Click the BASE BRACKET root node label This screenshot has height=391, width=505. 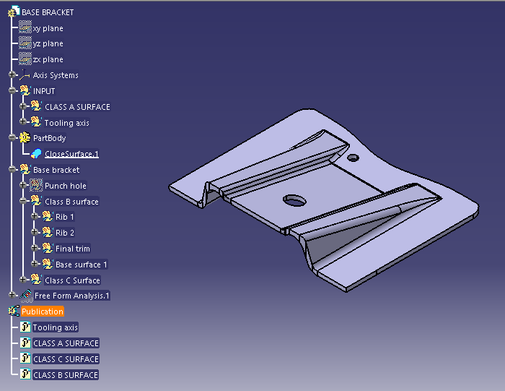(48, 12)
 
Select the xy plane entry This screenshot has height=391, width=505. (48, 28)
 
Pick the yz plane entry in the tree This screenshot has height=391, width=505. (48, 44)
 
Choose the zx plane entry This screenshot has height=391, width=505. (48, 60)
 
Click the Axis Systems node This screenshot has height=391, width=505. (56, 75)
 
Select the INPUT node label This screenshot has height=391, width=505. (44, 91)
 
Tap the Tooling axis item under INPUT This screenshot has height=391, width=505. (66, 123)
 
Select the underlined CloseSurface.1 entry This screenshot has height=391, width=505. (71, 154)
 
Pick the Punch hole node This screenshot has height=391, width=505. (65, 186)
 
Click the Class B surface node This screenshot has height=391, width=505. (71, 202)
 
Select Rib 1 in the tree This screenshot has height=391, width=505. (64, 217)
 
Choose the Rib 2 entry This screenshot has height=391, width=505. (64, 233)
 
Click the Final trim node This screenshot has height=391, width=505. (72, 249)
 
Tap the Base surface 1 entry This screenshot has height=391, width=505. (81, 265)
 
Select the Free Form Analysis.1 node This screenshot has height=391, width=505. (71, 296)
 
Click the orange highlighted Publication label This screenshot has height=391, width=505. (42, 311)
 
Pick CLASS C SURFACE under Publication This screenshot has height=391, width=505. (66, 359)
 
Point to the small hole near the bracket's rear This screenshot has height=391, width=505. (353, 158)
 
